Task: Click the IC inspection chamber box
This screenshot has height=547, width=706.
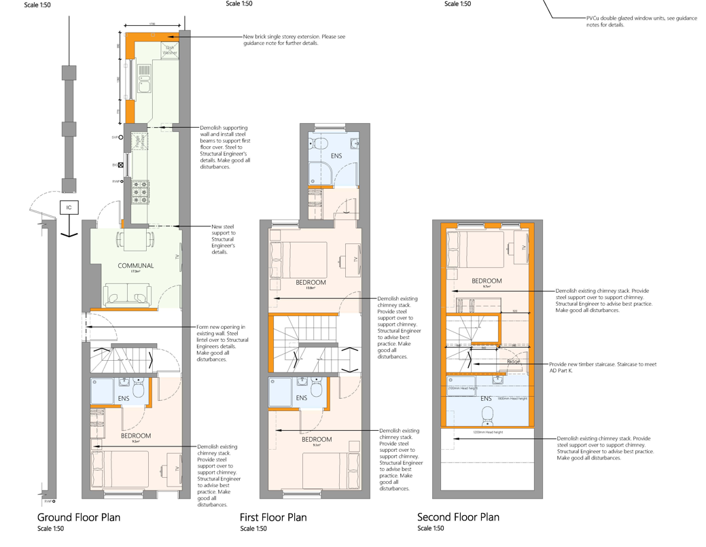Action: (69, 207)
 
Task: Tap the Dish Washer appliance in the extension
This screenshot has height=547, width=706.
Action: (170, 50)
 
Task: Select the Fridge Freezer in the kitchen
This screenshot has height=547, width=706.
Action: (140, 141)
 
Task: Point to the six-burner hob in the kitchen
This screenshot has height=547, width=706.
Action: (141, 192)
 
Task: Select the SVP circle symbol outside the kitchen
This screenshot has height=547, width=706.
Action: (121, 137)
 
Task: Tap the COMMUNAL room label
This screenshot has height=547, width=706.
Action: (136, 266)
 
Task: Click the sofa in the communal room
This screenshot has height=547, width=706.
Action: (126, 296)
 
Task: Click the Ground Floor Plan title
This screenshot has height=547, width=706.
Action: (79, 517)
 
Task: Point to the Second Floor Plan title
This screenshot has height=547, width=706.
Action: (459, 517)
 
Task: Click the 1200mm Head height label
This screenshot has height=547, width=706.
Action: (487, 432)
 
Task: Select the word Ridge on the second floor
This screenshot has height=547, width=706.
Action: (514, 361)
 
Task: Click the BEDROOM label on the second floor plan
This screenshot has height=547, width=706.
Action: (487, 281)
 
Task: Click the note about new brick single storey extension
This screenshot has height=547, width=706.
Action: (294, 40)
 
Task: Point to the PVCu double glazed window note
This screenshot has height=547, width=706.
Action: (641, 22)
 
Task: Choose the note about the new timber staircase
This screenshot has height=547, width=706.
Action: (602, 368)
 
